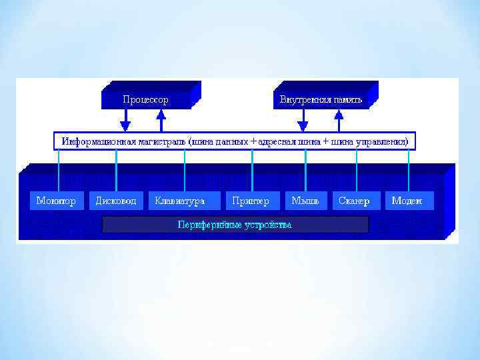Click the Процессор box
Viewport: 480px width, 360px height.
[x=145, y=100]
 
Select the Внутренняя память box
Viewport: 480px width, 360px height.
[x=321, y=100]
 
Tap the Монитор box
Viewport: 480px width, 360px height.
[x=56, y=201]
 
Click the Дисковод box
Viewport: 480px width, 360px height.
[x=116, y=201]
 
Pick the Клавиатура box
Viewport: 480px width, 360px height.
[x=179, y=201]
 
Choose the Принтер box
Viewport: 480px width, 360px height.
[x=251, y=201]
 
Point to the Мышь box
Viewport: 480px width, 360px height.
[x=306, y=201]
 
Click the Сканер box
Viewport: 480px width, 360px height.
[x=355, y=201]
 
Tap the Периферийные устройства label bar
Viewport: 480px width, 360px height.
[x=235, y=225]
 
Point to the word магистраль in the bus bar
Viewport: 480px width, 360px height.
[x=163, y=142]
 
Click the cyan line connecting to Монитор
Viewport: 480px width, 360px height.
[x=59, y=170]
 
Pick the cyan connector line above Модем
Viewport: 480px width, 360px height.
[x=407, y=170]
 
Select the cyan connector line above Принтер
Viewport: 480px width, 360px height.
[x=252, y=170]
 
